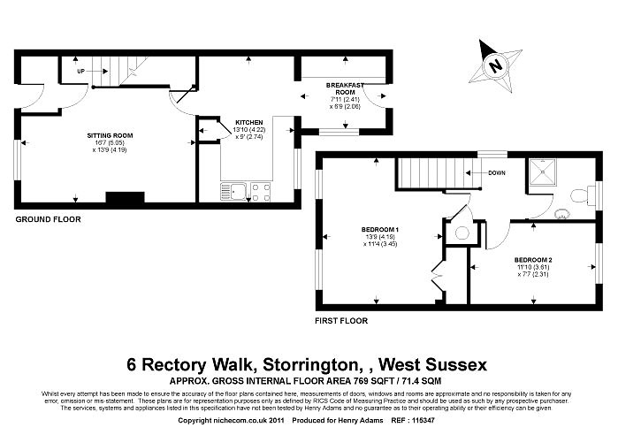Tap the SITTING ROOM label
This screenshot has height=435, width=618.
point(103,135)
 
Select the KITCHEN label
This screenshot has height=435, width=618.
point(248,122)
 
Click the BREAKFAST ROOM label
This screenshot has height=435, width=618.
point(340,88)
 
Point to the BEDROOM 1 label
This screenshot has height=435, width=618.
point(380,230)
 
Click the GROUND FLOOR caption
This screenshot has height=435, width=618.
point(49,218)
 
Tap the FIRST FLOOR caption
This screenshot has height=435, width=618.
point(341,321)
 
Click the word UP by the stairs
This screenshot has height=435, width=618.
point(81,70)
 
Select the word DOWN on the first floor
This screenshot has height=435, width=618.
point(496,172)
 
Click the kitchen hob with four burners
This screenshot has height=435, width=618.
point(260,192)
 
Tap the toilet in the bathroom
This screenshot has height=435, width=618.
point(580,196)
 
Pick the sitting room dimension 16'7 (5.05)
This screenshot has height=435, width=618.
point(103,142)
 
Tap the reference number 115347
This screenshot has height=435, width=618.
point(424,421)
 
